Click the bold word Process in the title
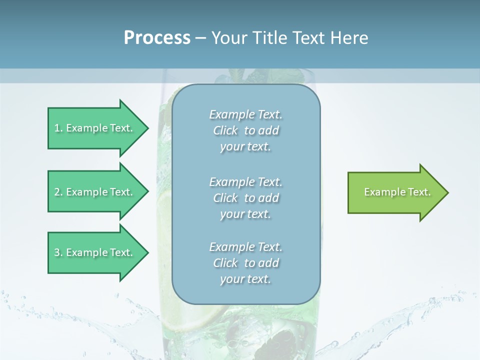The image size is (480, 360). point(157,37)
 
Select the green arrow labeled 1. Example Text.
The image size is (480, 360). point(95,128)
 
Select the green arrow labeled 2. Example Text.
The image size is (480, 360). point(95,192)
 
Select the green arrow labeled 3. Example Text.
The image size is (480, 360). point(95,252)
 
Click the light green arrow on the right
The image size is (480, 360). point(395,192)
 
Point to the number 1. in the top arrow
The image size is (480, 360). point(58,128)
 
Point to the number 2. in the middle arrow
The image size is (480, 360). point(58,192)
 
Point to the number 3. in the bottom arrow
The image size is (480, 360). point(58,252)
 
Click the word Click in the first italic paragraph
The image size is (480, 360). point(225,130)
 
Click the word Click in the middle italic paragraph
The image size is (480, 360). point(225,198)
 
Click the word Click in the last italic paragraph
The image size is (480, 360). point(225,263)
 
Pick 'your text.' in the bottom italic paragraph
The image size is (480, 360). point(245,279)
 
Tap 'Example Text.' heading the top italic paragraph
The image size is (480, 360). point(245,114)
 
